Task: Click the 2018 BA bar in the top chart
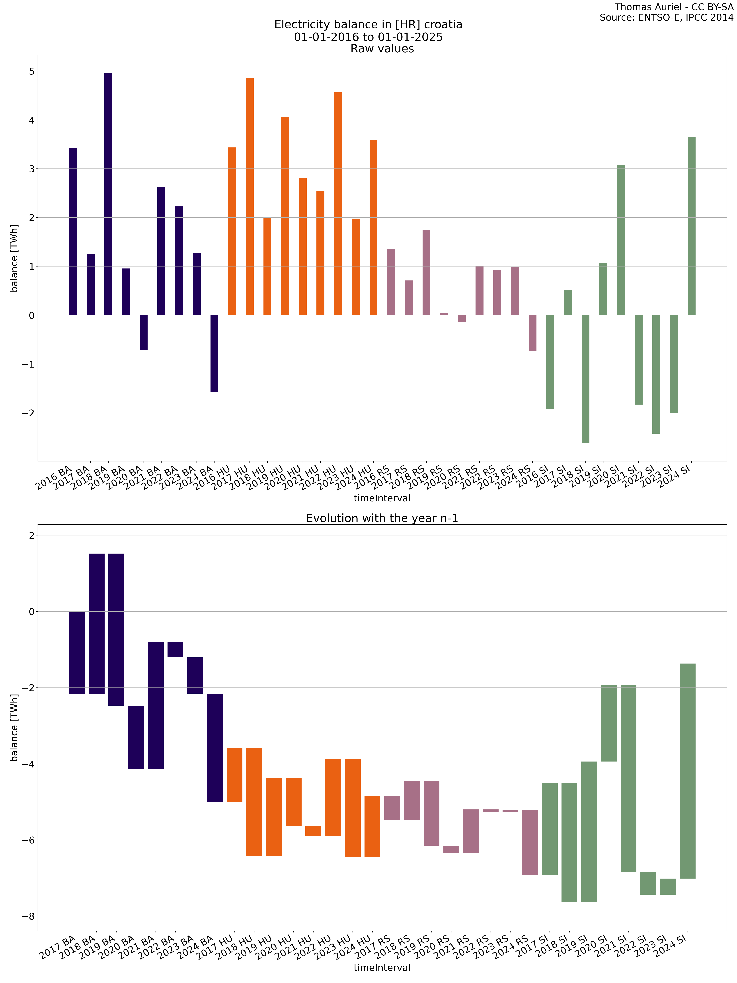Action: (x=108, y=194)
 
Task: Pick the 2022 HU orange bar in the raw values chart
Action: (x=338, y=204)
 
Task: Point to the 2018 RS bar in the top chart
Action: (x=427, y=272)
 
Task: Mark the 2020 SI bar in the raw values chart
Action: (x=621, y=240)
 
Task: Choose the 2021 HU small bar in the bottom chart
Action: (x=313, y=831)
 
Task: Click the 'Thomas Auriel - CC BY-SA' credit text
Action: (x=674, y=7)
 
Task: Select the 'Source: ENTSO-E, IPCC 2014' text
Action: (x=666, y=18)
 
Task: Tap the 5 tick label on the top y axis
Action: (x=31, y=71)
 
